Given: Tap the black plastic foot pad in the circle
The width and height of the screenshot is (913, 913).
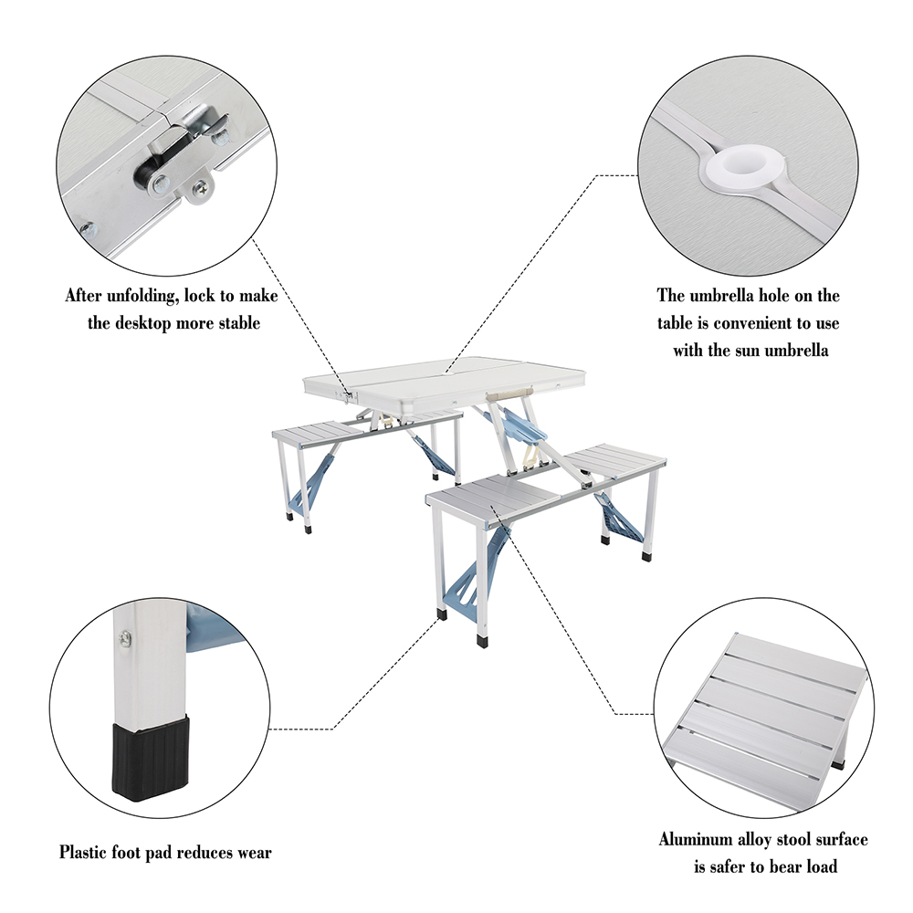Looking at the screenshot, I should point(151,757).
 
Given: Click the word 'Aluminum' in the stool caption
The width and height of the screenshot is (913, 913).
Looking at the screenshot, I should point(696,839).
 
